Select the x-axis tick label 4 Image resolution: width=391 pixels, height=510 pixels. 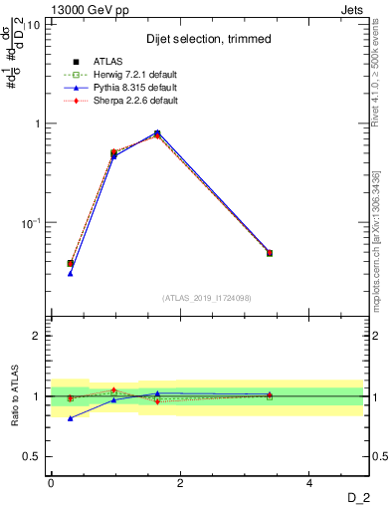point(309,483)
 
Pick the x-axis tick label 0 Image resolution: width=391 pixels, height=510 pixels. point(51,483)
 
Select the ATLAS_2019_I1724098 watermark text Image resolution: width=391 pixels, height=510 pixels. point(207,297)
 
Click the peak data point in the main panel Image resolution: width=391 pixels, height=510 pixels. point(157,132)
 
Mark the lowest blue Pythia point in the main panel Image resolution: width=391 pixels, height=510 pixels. point(70,273)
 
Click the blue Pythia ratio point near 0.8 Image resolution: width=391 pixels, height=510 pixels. point(70,418)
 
